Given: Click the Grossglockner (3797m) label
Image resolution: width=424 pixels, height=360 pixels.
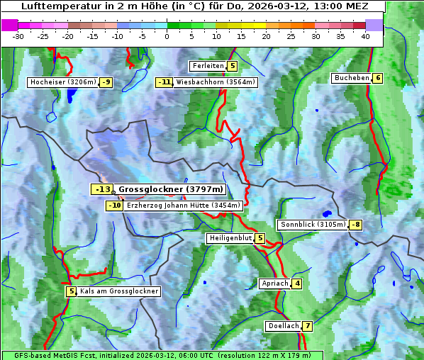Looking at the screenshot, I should coord(171,189).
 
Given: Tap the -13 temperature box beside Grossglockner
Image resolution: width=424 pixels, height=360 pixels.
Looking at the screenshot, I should coord(102,189).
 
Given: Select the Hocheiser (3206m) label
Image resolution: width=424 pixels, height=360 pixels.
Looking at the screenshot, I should coord(62,82).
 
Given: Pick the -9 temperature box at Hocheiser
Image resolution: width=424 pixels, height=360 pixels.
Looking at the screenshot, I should coord(106,82).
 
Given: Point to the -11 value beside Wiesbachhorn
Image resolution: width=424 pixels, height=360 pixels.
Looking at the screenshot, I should coord(164,82).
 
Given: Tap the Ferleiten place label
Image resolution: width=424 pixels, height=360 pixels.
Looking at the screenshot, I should coord(208,66).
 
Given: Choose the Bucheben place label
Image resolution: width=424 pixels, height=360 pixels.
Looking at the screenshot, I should coord(352,78).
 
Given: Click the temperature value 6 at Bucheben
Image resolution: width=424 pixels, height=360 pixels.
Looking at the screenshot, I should coord(378,78).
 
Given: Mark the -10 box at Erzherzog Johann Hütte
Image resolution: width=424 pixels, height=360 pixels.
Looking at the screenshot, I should coord(115,206).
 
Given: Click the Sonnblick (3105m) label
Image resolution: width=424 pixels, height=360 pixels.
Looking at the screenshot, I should coord(313,225).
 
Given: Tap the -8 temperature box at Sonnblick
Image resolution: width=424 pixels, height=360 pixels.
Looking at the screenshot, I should coord(356,225).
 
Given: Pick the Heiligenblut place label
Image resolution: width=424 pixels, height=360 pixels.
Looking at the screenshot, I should coord(230,238).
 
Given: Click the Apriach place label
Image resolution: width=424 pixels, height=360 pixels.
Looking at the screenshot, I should coord(275,283).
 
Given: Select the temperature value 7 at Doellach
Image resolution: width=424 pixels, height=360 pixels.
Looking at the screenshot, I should coord(307,326).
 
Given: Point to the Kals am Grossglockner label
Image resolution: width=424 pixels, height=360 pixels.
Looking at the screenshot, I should coord(118,291).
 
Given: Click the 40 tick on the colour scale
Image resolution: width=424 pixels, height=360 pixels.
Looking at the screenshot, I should coord(365,36).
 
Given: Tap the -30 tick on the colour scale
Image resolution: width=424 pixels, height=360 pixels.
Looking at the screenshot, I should coord(18,36).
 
